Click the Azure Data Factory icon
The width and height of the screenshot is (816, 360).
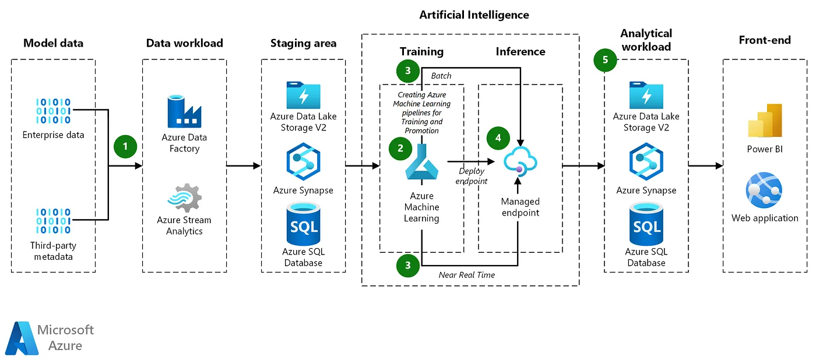pos(184,111)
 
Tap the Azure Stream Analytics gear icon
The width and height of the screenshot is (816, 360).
pos(185,198)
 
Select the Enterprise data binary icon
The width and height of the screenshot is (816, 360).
pos(54,111)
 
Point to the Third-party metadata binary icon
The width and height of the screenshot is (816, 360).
pos(54,221)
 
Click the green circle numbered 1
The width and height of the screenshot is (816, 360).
pos(125,146)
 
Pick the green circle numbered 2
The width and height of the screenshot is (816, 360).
pos(400,148)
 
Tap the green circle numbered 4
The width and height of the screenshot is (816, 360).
pos(498,138)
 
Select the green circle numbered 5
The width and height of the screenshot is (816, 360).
pos(604,60)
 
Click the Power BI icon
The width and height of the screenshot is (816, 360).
pos(765,121)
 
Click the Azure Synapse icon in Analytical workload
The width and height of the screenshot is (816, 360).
pos(646,164)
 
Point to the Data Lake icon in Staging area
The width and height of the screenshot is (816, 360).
pos(304,95)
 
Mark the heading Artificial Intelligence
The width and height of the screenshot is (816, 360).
pos(474,15)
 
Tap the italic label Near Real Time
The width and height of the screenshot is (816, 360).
pos(467,275)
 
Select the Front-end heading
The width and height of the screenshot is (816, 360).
pos(765,40)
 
